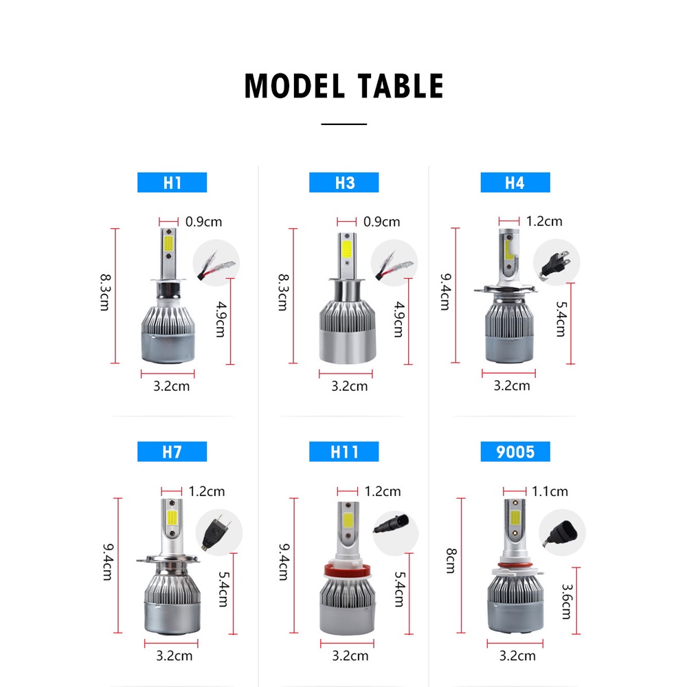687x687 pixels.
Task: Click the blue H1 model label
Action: click(172, 183)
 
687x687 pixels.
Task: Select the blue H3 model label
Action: click(344, 183)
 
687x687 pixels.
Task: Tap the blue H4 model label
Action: click(515, 183)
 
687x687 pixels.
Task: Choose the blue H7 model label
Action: click(172, 451)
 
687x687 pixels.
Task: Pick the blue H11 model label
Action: click(344, 451)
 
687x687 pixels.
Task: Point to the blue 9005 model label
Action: click(515, 451)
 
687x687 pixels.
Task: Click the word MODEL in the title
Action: click(295, 87)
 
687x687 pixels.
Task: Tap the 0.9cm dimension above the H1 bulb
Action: click(203, 222)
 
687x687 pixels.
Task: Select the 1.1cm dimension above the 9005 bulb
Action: click(550, 491)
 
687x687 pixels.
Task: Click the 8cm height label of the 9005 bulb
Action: click(450, 561)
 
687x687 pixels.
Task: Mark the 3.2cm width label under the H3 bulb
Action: click(349, 386)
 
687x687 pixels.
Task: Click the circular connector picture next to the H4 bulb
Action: click(556, 262)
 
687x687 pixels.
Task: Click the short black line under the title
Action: click(344, 124)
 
